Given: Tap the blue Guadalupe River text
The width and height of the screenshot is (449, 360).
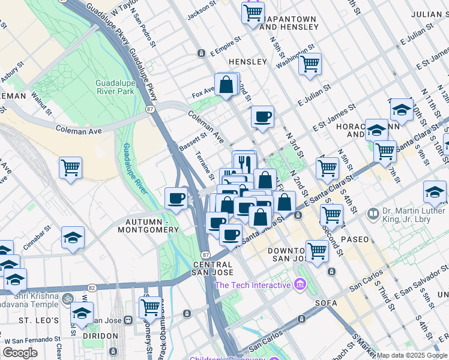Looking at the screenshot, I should coord(134,169).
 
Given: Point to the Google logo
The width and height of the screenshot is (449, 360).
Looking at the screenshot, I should coord(20,353).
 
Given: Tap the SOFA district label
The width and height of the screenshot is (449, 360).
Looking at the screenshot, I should coord(325,303).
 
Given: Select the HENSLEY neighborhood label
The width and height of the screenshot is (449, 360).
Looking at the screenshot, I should coord(247,62).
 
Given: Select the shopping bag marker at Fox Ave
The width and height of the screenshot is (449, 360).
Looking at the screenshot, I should coord(227,85).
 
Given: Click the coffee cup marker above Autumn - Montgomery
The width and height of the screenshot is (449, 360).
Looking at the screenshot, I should coord(176,198).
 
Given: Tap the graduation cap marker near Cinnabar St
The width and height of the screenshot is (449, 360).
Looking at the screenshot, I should coord(73,238).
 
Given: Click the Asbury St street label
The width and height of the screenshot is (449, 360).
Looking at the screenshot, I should coord(11,71).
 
